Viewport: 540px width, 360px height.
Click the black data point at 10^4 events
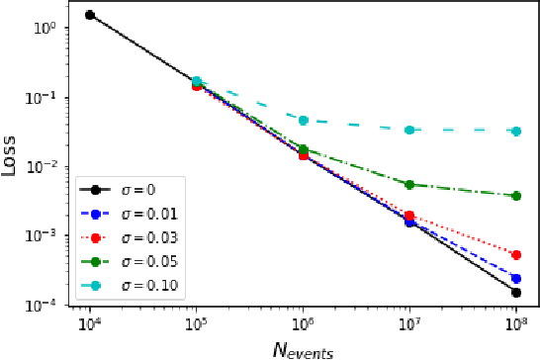pyautogui.click(x=90, y=15)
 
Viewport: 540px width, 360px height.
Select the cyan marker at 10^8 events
pyautogui.click(x=516, y=131)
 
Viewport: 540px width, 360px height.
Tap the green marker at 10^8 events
pyautogui.click(x=516, y=196)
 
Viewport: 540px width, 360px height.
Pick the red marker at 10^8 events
pyautogui.click(x=516, y=254)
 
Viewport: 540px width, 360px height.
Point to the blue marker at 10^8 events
pyautogui.click(x=516, y=278)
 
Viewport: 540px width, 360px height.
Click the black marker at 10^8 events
pyautogui.click(x=516, y=293)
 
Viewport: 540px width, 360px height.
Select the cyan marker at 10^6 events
pyautogui.click(x=304, y=120)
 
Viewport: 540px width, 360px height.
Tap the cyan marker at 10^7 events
pyautogui.click(x=409, y=130)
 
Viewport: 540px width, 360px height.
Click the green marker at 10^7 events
pyautogui.click(x=409, y=185)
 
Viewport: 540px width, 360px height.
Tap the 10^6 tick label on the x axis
pyautogui.click(x=304, y=323)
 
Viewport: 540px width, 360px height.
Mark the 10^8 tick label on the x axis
pyautogui.click(x=516, y=323)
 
